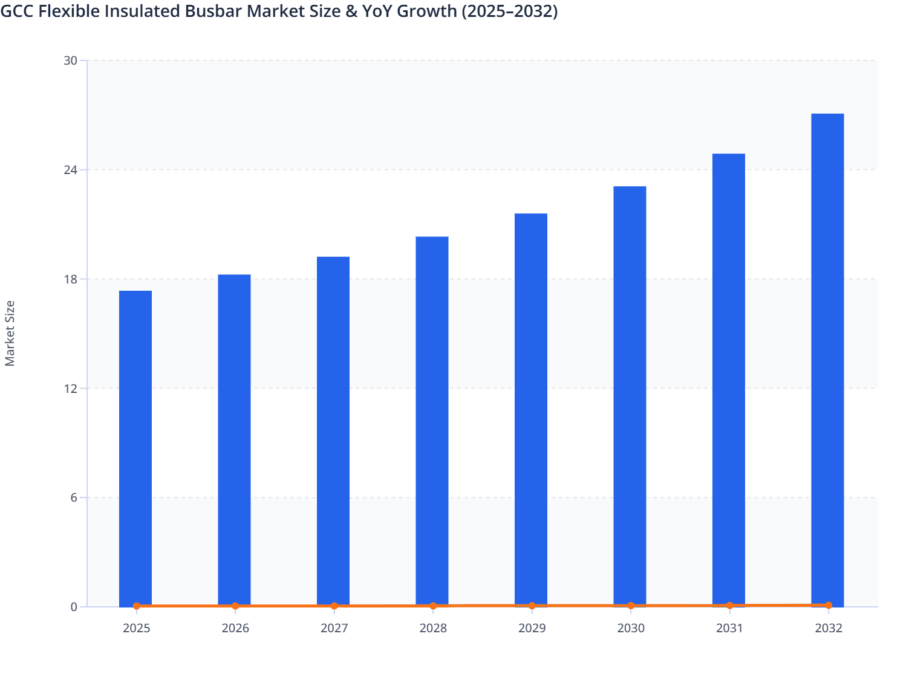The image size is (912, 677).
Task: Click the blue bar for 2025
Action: (x=135, y=447)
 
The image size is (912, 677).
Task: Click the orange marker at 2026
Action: (x=235, y=606)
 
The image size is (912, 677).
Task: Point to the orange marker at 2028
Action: (x=433, y=606)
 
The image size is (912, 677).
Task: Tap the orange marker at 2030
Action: (x=631, y=606)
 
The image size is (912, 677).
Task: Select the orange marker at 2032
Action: (x=829, y=605)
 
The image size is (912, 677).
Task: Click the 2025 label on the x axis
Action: (x=137, y=628)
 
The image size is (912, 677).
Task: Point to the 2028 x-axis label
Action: (x=433, y=628)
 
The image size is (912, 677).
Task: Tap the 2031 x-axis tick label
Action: (x=729, y=628)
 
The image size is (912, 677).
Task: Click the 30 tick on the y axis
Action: (x=70, y=60)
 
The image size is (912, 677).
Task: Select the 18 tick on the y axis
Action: (x=70, y=279)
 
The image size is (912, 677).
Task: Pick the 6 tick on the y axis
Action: (x=73, y=497)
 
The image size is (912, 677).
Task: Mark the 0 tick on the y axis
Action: (x=74, y=607)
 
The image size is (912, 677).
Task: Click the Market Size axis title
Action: (x=10, y=334)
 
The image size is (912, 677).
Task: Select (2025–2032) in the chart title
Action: (x=510, y=11)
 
